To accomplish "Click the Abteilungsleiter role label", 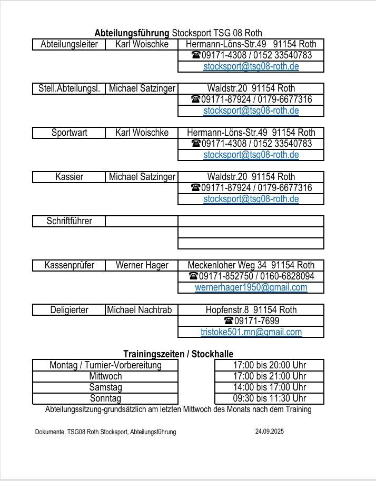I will (69, 44).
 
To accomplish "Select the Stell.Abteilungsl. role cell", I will (69, 88).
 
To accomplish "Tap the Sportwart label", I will (69, 133).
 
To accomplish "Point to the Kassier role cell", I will (69, 177).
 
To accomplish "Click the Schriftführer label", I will (69, 221).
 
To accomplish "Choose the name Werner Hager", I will (142, 265).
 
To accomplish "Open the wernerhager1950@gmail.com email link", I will (251, 287).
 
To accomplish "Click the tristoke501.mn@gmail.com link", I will (251, 332).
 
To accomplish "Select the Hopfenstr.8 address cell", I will (251, 310).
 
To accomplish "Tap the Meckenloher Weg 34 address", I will (251, 265).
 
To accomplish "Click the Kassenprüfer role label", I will (69, 265).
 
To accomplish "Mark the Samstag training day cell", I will (105, 387).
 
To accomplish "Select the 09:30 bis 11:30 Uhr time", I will (269, 398).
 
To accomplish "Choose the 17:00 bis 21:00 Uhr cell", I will (269, 376).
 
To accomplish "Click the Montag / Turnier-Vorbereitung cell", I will (105, 365).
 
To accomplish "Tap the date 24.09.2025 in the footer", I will (269, 432).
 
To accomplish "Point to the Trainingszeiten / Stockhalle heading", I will (178, 354).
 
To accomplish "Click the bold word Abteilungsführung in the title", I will (132, 33).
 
